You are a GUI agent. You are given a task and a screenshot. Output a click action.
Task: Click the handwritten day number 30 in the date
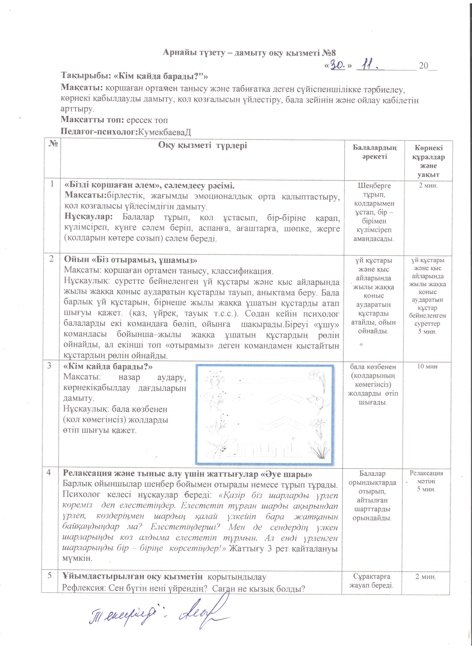point(338,65)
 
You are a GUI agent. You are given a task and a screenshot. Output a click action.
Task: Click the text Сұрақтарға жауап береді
point(371,581)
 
